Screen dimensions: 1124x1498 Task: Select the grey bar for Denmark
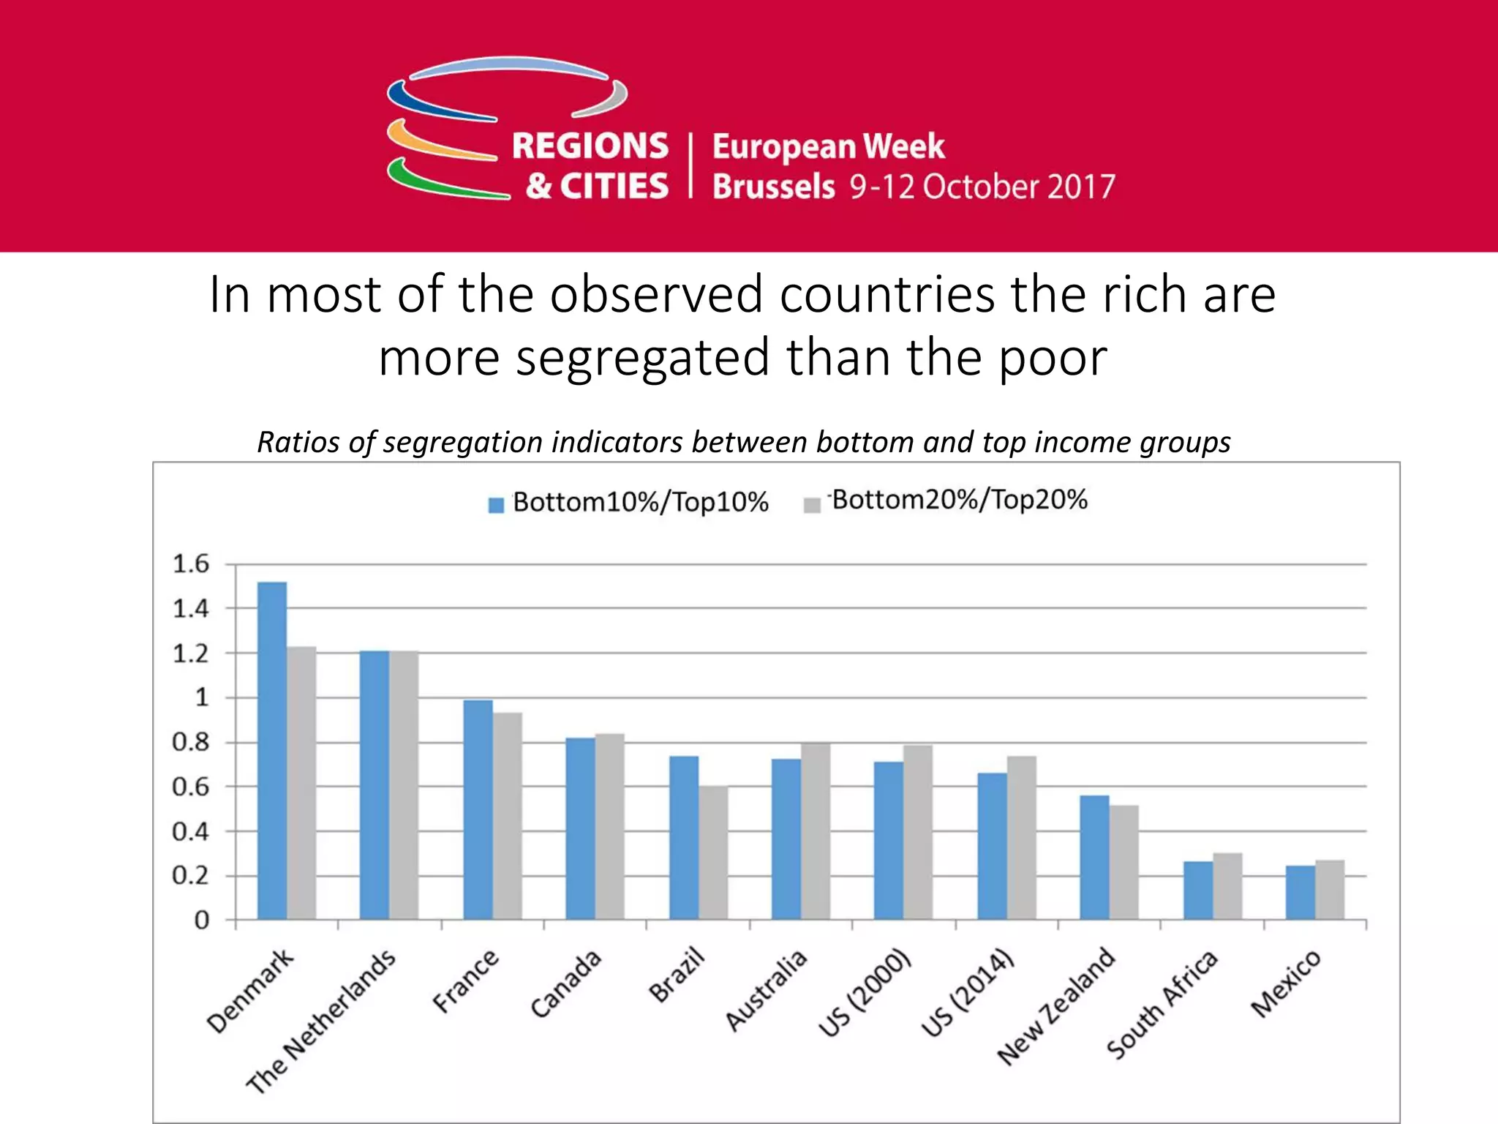[x=301, y=783]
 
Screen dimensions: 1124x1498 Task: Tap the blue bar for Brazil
[x=684, y=838]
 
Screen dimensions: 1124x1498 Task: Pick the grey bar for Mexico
[x=1330, y=890]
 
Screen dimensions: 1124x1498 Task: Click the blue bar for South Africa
[x=1198, y=891]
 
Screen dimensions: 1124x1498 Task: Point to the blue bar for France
[x=478, y=809]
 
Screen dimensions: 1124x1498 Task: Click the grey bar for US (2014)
[x=1021, y=838]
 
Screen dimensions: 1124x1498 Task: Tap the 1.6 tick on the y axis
[x=190, y=564]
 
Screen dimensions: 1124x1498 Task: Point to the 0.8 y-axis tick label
[x=190, y=743]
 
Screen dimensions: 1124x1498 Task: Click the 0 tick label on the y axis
[x=201, y=921]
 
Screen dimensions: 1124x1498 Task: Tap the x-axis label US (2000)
[x=865, y=993]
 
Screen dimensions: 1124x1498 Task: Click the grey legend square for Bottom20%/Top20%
[x=812, y=505]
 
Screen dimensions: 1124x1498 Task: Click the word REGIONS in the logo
[x=590, y=146]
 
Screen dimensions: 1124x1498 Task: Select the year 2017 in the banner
[x=1081, y=187]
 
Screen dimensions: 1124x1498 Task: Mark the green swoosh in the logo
[x=439, y=183]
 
